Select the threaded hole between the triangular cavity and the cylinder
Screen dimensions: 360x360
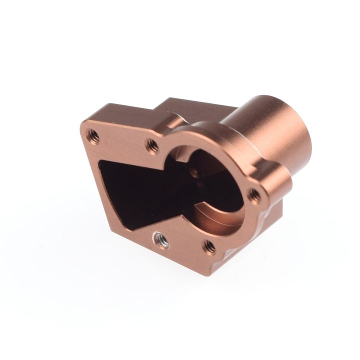pos(150,145)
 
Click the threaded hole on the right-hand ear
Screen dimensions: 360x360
pos(254,192)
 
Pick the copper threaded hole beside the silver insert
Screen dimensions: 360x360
pos(208,244)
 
